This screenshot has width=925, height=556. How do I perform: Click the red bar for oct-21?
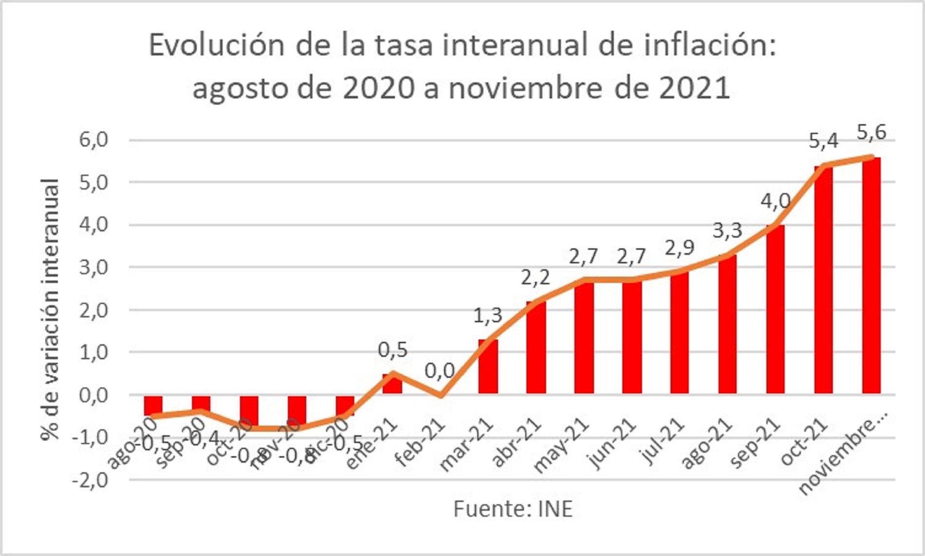[823, 280]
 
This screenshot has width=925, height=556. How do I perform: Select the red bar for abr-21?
[536, 348]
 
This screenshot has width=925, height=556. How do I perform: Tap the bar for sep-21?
[775, 310]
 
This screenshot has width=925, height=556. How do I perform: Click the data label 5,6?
[871, 132]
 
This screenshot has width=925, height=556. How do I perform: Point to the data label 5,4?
[824, 141]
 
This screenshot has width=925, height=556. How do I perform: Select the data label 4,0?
[776, 201]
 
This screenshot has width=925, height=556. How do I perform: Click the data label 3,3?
[727, 230]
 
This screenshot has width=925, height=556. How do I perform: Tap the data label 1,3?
[487, 315]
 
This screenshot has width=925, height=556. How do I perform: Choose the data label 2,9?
[680, 248]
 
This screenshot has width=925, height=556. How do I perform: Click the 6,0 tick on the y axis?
[93, 140]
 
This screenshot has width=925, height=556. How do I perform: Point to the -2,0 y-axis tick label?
[90, 481]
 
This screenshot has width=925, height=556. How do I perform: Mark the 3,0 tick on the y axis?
[93, 268]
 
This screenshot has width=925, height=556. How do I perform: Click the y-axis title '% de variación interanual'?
[50, 310]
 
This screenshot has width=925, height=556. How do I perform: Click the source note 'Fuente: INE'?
[513, 509]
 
